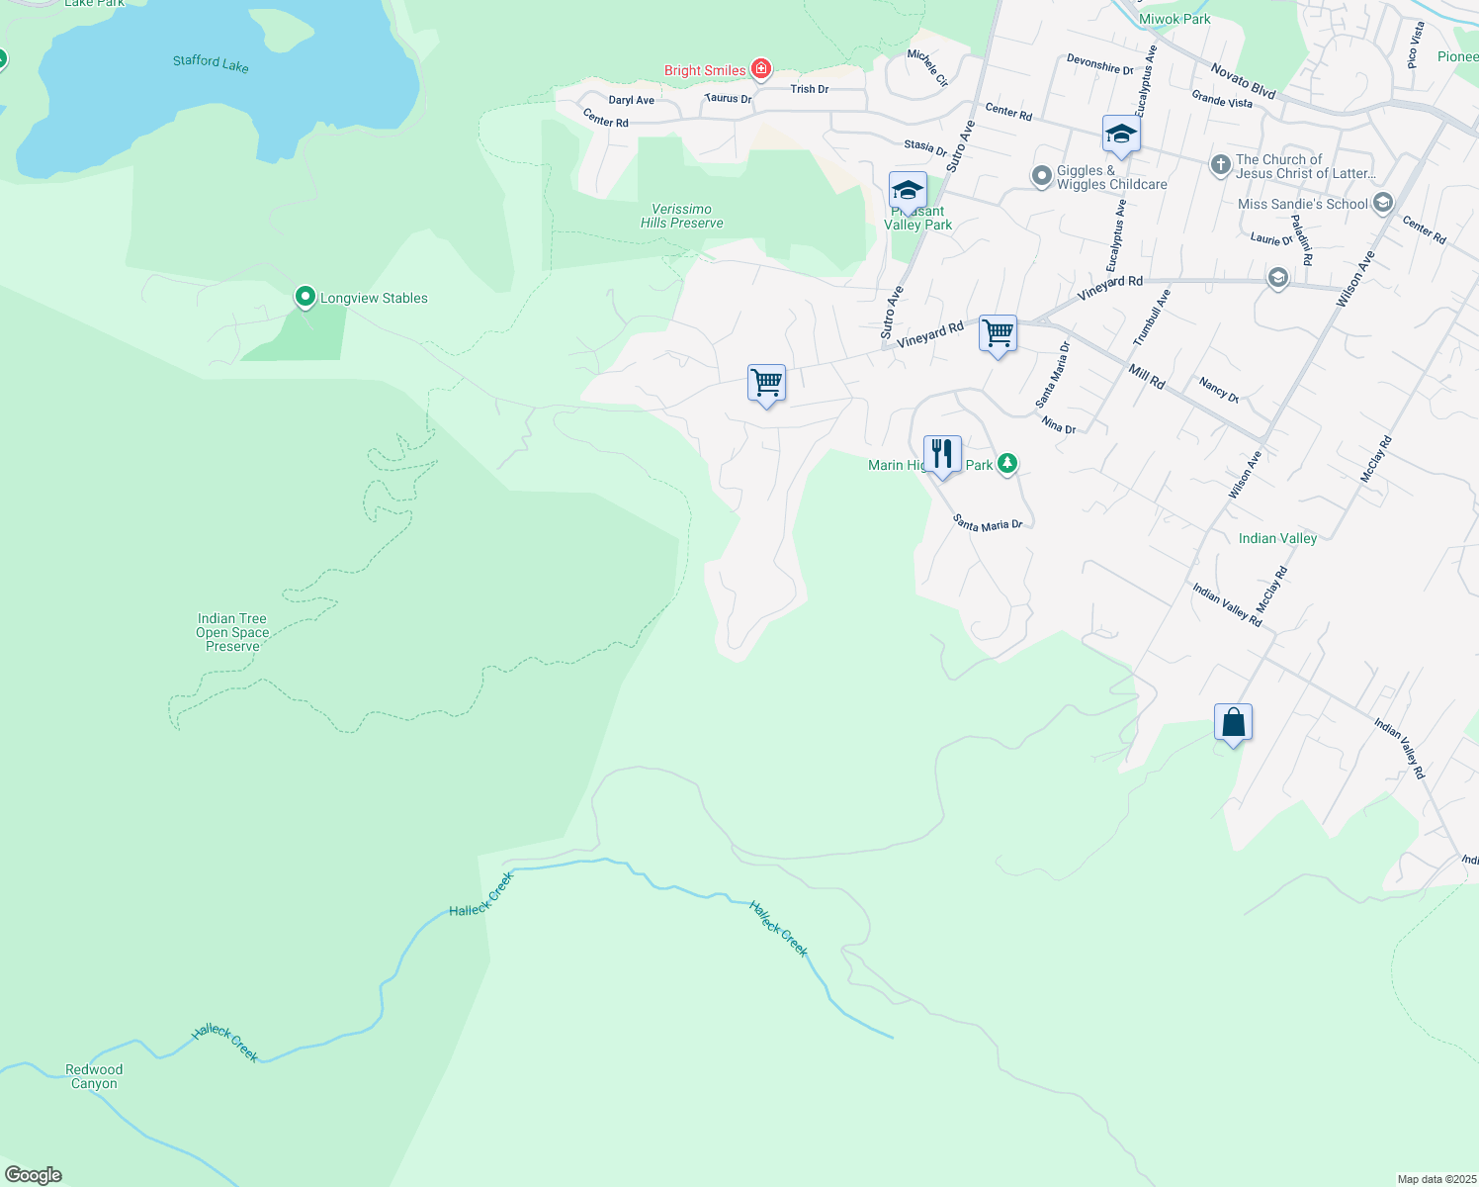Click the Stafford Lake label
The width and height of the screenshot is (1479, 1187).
click(211, 63)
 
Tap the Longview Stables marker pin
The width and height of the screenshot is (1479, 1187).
click(305, 296)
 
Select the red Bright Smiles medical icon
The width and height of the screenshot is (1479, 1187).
click(760, 69)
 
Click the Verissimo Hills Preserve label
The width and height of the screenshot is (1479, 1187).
click(682, 216)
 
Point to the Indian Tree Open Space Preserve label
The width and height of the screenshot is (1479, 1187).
click(232, 632)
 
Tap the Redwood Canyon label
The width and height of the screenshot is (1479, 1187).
click(94, 1076)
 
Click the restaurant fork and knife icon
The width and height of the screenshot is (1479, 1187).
click(942, 454)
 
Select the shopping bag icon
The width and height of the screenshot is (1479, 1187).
click(1233, 722)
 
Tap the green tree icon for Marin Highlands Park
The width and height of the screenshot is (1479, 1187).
click(1006, 463)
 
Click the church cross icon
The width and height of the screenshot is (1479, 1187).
click(1221, 164)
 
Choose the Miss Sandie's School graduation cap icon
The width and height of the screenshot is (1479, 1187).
click(1382, 204)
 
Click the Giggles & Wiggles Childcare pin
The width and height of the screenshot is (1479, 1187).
click(1041, 176)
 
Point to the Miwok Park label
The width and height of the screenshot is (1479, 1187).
click(1174, 19)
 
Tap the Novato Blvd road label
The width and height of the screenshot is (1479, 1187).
click(1243, 80)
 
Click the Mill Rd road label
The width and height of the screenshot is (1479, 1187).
click(1147, 376)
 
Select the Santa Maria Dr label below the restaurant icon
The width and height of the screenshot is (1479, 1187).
click(988, 523)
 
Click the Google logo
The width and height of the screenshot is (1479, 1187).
click(34, 1175)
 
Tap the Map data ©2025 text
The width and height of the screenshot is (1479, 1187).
click(1435, 1179)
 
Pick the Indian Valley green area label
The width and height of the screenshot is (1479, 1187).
click(1277, 538)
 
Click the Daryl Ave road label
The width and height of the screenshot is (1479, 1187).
click(631, 100)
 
